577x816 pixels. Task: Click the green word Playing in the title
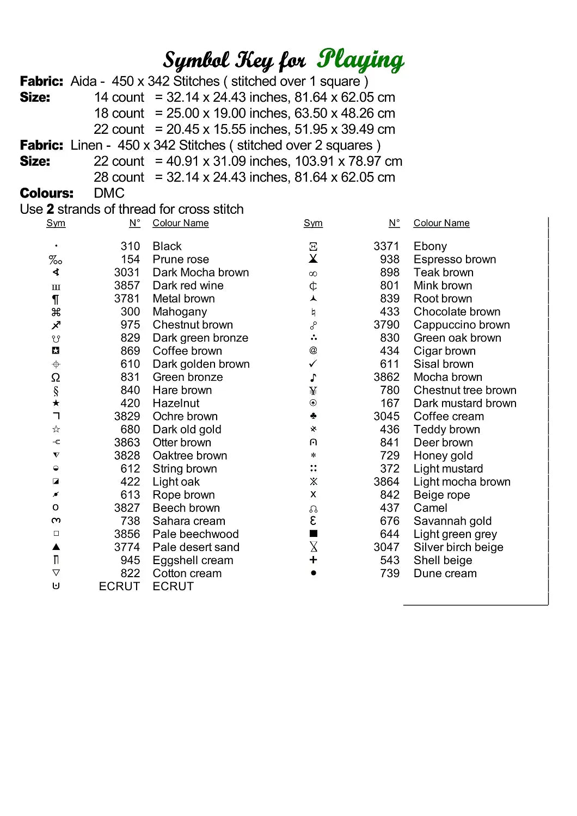(x=360, y=60)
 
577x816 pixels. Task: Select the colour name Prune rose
(x=181, y=259)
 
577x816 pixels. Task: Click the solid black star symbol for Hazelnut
(x=56, y=403)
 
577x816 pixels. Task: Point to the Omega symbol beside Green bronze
(x=56, y=378)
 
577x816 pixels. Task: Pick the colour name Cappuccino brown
(x=462, y=325)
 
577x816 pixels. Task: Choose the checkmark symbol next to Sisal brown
(x=313, y=363)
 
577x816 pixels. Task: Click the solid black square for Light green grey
(x=313, y=534)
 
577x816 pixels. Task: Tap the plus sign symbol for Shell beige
(x=313, y=560)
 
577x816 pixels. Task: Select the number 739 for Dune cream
(x=390, y=573)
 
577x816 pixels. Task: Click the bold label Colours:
(x=46, y=193)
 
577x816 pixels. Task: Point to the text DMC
(x=109, y=193)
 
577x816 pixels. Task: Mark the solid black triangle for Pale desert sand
(x=56, y=547)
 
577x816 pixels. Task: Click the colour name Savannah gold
(x=452, y=521)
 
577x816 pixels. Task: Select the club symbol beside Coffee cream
(x=313, y=416)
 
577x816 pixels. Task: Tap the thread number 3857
(x=127, y=286)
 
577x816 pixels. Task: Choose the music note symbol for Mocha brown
(x=313, y=377)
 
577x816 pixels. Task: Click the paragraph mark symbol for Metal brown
(x=56, y=299)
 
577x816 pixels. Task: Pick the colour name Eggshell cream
(x=193, y=560)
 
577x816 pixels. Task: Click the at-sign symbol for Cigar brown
(x=313, y=351)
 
